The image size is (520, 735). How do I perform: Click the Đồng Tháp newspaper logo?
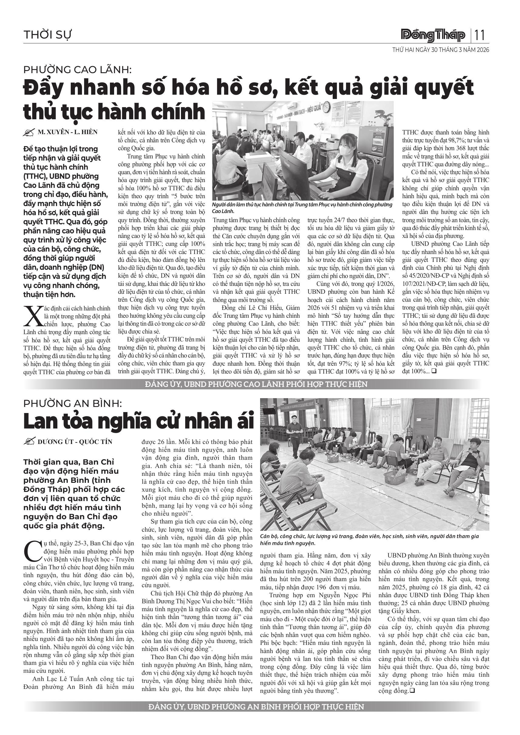433,35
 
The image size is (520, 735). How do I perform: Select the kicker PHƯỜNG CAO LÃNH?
78,69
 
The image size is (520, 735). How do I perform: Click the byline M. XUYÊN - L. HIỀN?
68,132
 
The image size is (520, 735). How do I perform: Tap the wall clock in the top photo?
326,107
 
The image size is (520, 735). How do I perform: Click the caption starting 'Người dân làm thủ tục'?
302,208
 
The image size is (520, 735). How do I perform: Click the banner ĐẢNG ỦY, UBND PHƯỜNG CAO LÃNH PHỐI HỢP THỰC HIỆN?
256,384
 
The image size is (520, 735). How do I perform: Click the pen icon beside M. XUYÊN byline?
29,132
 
